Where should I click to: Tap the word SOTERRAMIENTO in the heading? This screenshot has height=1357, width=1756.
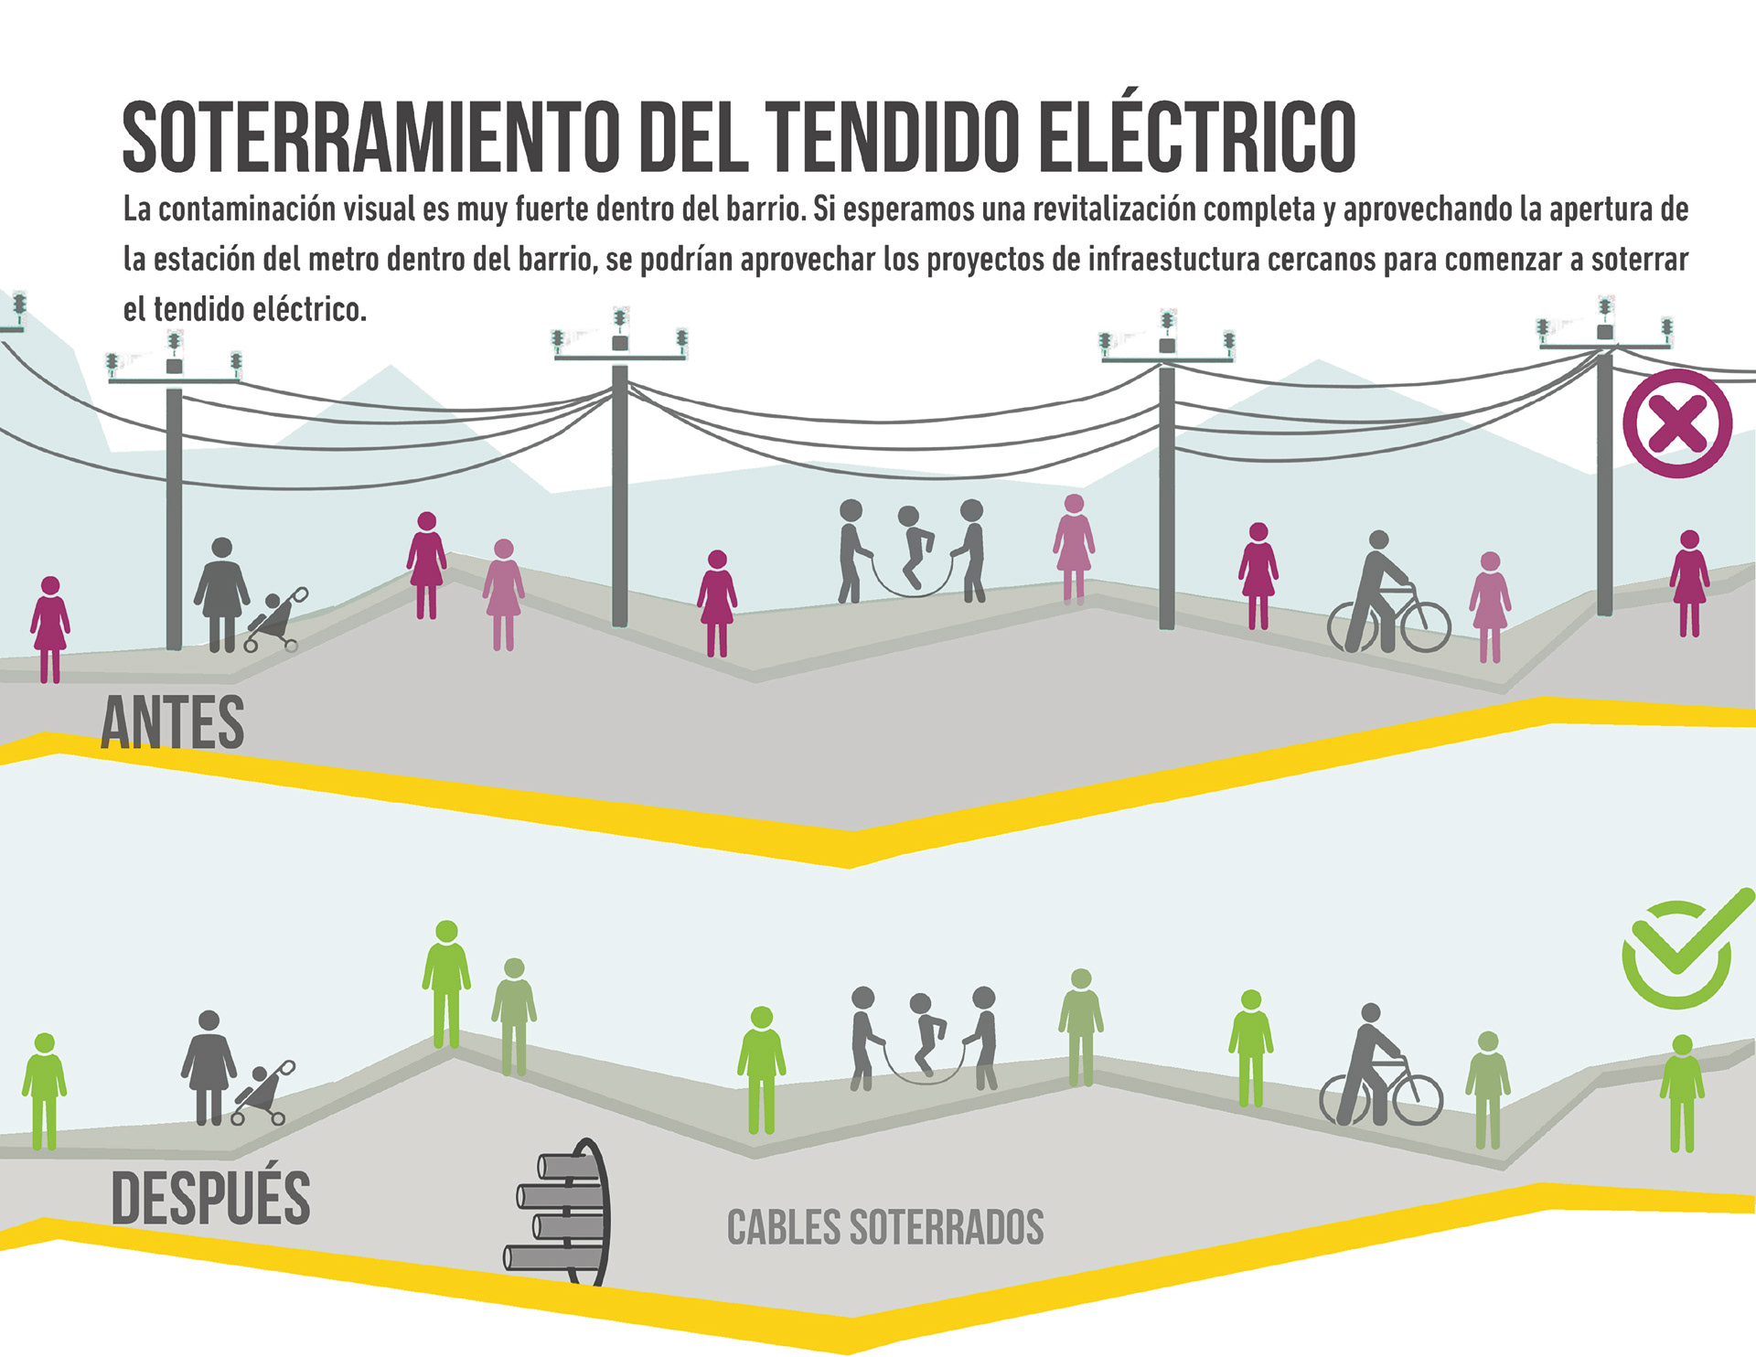coord(370,137)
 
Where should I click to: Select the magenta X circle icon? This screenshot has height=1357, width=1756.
coord(1677,423)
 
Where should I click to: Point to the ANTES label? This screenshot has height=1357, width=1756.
coord(172,722)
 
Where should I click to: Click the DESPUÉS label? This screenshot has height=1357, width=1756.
coord(210,1197)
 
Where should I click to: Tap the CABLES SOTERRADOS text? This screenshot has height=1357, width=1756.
coord(884,1227)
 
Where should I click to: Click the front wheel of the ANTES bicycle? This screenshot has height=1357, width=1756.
coord(1425,625)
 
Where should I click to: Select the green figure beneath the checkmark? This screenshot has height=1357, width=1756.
coord(1681,1093)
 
